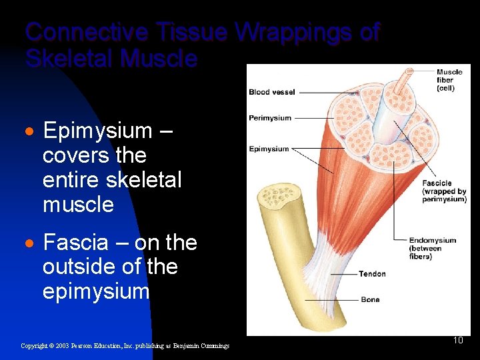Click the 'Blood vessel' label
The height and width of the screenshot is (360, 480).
pos(271,92)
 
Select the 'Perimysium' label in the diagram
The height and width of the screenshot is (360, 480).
pos(270,118)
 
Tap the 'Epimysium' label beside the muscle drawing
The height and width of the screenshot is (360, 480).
pos(269,149)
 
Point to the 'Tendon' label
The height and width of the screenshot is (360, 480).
pos(372,274)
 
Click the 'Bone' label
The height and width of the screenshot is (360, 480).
pos(370,300)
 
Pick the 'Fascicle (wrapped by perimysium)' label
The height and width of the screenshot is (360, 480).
pos(444,191)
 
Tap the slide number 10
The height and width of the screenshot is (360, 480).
pos(458,341)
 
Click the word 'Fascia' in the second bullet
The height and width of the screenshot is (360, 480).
pos(71,243)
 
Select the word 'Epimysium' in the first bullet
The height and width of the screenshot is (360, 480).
pos(97,131)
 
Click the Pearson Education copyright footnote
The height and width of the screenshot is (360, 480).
pos(125,345)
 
